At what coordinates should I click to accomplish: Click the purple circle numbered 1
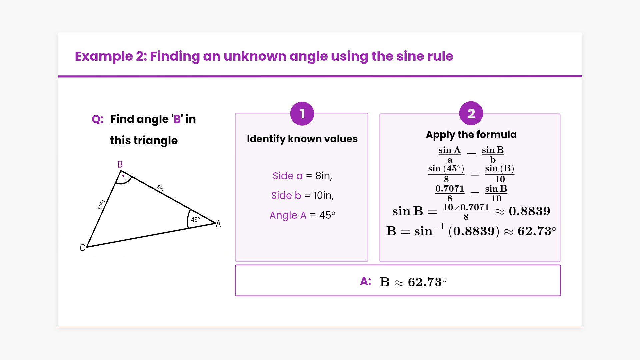pos(302,114)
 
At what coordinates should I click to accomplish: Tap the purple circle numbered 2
pos(471,113)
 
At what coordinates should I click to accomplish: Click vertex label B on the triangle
pos(120,164)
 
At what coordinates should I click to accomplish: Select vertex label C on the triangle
pos(82,248)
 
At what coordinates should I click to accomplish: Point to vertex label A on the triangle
pos(218,224)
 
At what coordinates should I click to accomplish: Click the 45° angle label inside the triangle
pos(195,220)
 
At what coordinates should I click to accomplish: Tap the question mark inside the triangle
pos(123,177)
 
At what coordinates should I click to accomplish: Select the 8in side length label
pos(160,188)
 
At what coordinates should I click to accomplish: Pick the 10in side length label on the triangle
pos(101,205)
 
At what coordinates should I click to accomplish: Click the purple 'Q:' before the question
pos(98,119)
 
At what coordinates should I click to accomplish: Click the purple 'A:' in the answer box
pos(366,281)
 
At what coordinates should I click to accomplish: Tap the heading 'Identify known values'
pos(302,139)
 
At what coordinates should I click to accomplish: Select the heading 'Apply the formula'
pos(471,135)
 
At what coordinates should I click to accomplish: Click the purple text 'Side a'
pos(288,176)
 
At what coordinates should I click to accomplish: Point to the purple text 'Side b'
pos(286,195)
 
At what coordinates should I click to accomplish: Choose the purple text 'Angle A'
pos(288,215)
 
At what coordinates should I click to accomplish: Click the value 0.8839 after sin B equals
pos(529,211)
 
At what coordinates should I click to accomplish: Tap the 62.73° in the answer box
pos(427,282)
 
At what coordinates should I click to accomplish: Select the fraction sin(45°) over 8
pos(446,173)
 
